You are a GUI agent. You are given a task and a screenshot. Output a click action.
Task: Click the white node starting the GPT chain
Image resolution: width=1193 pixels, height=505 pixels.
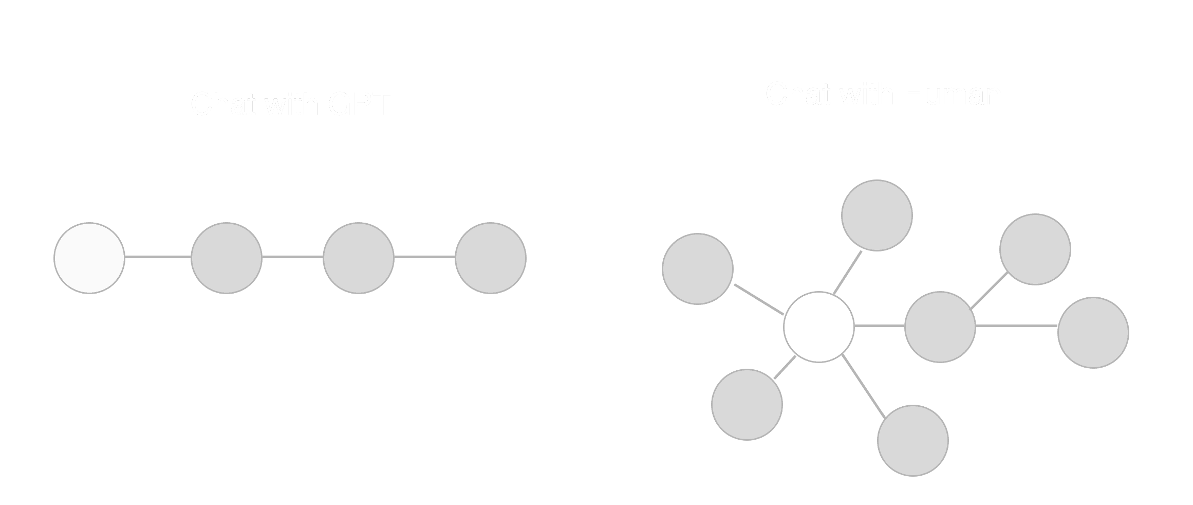pyautogui.click(x=89, y=258)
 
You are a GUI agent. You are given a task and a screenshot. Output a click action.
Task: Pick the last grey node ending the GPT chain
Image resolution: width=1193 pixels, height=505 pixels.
pyautogui.click(x=491, y=258)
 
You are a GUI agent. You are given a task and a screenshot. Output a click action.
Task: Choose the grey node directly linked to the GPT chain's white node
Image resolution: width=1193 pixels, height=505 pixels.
pyautogui.click(x=227, y=258)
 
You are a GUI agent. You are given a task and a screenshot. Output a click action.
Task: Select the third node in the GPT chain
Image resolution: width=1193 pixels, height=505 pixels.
pyautogui.click(x=359, y=258)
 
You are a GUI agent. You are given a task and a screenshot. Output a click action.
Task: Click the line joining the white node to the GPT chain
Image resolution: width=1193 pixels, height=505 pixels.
pyautogui.click(x=158, y=257)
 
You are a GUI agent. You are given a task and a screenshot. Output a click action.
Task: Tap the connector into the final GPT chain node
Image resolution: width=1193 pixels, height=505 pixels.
pyautogui.click(x=424, y=257)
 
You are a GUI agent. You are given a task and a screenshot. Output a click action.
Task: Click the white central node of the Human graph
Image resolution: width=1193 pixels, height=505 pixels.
pyautogui.click(x=819, y=327)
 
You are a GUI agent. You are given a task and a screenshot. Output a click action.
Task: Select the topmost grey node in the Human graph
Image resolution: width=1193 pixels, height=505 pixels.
pyautogui.click(x=877, y=215)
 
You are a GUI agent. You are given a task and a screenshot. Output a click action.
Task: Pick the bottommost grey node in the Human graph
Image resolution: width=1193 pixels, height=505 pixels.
pyautogui.click(x=913, y=441)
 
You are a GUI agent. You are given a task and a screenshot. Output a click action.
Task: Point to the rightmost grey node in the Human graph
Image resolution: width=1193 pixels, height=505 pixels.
pyautogui.click(x=1093, y=333)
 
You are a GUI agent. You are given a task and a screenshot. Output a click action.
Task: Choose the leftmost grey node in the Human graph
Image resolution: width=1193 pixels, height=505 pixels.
pyautogui.click(x=698, y=269)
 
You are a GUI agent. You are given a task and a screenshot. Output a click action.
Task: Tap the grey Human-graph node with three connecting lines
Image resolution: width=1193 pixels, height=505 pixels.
pyautogui.click(x=940, y=327)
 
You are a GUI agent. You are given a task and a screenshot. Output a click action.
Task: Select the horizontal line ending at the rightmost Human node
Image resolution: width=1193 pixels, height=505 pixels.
pyautogui.click(x=1016, y=326)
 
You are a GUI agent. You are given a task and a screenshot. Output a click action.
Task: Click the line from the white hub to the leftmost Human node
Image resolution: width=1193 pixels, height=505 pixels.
pyautogui.click(x=759, y=299)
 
